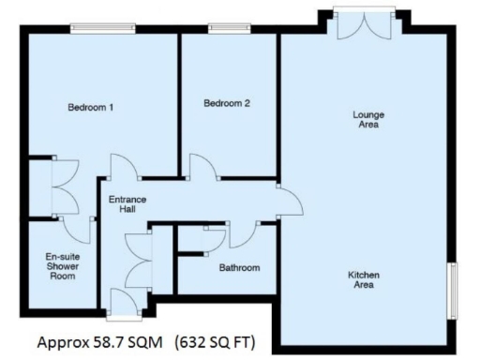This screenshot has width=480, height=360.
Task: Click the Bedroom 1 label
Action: click(x=91, y=108)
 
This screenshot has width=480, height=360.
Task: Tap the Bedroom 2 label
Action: click(x=227, y=104)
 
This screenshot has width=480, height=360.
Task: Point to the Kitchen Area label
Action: click(x=364, y=280)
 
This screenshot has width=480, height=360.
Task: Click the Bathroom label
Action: click(x=239, y=268)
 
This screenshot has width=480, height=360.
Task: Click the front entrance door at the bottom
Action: click(x=122, y=302)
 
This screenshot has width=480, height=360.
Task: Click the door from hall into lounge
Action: click(x=288, y=197)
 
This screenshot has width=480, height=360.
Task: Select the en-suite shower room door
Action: click(x=78, y=225)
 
